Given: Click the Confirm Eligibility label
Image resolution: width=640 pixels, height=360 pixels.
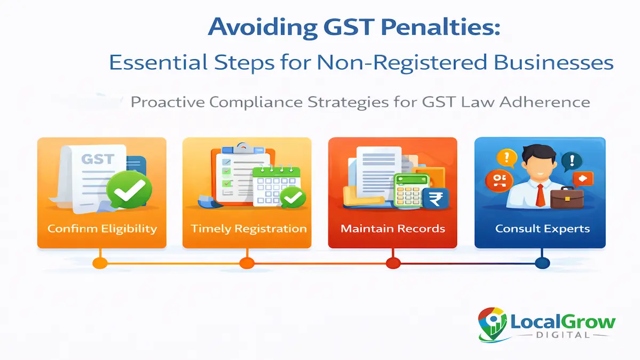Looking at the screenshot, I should pos(102,229).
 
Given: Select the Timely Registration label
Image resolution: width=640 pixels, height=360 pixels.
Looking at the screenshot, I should pos(249,229).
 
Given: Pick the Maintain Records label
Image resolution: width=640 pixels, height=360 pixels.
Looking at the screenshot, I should pos(393,229).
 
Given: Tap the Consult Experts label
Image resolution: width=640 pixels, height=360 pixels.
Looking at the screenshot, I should pos(542,229).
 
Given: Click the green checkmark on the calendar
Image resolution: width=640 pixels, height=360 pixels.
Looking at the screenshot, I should pos(292,198).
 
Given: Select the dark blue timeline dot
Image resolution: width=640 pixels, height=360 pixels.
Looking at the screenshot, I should pos(542,262).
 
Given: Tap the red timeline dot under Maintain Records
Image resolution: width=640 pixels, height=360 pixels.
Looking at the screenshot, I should pos(393,262).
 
